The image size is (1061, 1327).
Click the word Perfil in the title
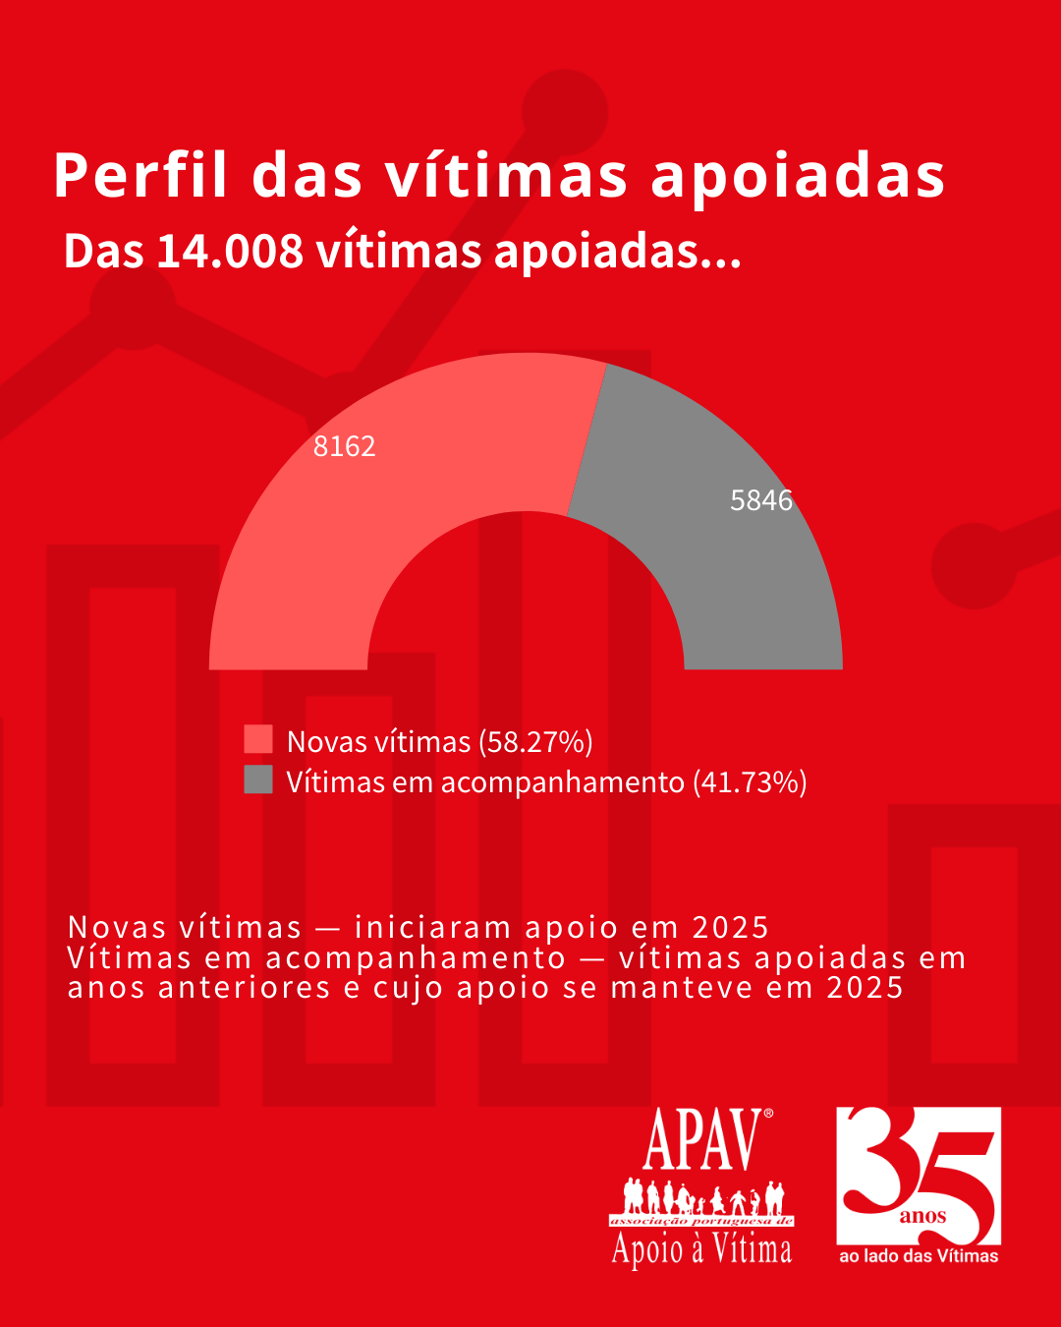tap(141, 176)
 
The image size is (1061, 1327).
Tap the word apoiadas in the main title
tap(798, 176)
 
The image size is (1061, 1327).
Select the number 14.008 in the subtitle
tap(230, 252)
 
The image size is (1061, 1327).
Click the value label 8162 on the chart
tap(344, 446)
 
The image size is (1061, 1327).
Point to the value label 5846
tap(760, 500)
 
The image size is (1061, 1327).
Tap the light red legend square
tap(258, 739)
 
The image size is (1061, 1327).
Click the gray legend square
tap(258, 779)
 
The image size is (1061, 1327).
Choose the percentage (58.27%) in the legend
tap(535, 741)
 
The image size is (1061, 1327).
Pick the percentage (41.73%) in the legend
tap(750, 782)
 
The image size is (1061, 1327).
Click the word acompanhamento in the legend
tap(562, 782)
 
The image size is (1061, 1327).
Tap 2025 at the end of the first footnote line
tap(730, 927)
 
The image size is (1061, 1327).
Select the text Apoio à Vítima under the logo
tap(701, 1249)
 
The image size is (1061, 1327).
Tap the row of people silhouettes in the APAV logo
tap(701, 1197)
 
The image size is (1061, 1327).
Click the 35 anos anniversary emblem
tap(918, 1176)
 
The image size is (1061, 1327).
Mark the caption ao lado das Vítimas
tap(918, 1256)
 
